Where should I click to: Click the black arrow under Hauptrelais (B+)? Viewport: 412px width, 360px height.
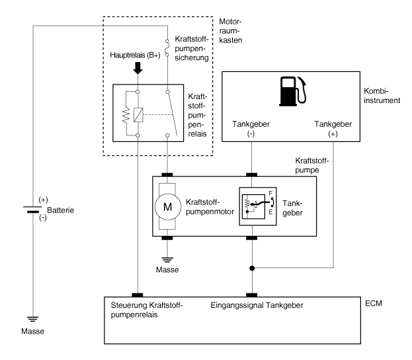pyautogui.click(x=138, y=69)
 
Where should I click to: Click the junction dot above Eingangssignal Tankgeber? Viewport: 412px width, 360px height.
pyautogui.click(x=251, y=269)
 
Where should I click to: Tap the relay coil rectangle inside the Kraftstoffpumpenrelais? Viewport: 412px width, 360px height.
pyautogui.click(x=138, y=113)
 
